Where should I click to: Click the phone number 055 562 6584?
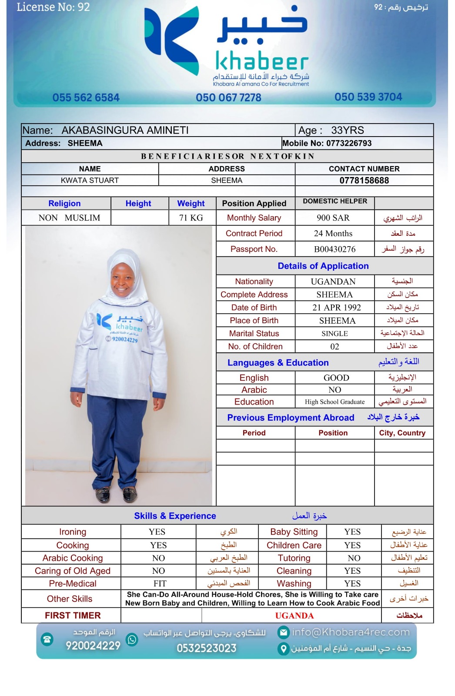[86, 97]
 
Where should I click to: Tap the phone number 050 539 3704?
[368, 97]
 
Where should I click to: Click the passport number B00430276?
[335, 249]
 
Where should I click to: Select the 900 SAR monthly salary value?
[333, 218]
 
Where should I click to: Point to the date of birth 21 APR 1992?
[336, 308]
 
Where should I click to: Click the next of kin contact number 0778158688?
[364, 181]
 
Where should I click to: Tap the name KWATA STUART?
[90, 181]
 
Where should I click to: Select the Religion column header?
[64, 204]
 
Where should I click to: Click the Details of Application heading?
[323, 266]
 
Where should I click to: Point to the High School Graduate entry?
[335, 402]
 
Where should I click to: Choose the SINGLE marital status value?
[335, 334]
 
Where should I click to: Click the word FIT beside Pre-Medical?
[160, 584]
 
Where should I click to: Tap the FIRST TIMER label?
[73, 616]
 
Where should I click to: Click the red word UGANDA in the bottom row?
[294, 616]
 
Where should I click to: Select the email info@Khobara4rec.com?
[351, 632]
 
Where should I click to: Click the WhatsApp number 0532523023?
[206, 648]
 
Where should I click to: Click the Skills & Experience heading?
[175, 516]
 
